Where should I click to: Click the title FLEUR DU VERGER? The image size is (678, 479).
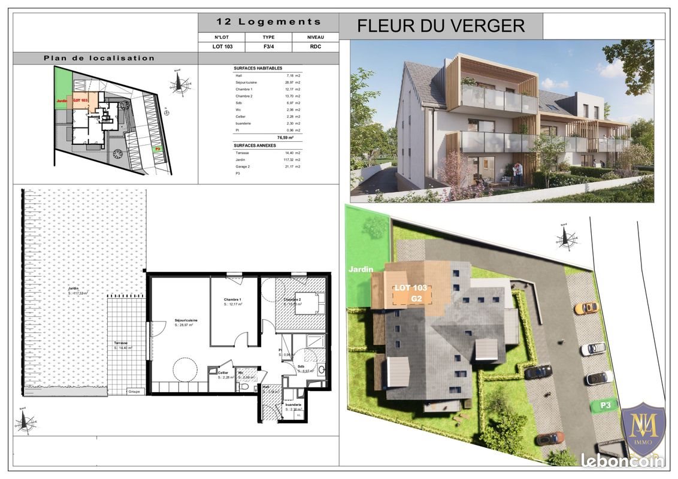[441, 26]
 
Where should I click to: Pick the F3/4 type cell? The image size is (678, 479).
[268, 46]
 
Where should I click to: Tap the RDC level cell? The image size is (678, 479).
[315, 46]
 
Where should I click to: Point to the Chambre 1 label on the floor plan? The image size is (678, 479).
[233, 300]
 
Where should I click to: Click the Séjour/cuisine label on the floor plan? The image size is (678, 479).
[186, 321]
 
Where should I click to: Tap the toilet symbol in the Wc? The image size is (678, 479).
[243, 386]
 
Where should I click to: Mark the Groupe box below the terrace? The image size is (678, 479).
[135, 392]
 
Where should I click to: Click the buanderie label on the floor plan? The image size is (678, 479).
[293, 404]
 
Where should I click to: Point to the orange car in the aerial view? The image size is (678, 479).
[586, 308]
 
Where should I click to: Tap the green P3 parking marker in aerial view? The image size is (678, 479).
[606, 406]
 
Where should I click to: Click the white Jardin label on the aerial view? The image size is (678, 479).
[361, 269]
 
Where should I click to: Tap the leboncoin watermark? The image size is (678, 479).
[623, 460]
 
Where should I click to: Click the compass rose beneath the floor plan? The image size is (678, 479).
[25, 423]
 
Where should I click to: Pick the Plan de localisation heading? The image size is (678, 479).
[99, 58]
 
